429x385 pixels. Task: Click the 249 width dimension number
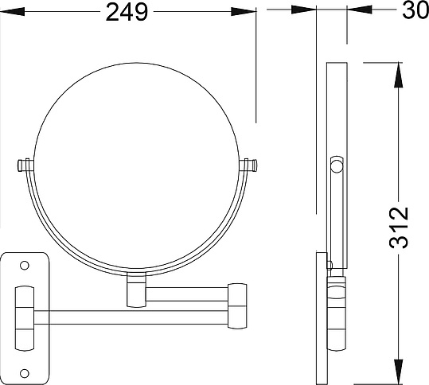click(127, 12)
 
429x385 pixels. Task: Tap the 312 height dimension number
click(399, 227)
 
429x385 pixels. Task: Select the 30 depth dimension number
click(415, 11)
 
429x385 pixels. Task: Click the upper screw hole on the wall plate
click(25, 265)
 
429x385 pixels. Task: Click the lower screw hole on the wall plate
click(25, 373)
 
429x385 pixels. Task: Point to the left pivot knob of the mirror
click(25, 165)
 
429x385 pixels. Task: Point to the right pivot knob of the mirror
click(248, 165)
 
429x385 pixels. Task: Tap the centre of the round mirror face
click(136, 166)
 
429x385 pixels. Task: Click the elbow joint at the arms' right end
click(237, 305)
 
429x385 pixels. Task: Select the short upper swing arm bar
click(187, 294)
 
